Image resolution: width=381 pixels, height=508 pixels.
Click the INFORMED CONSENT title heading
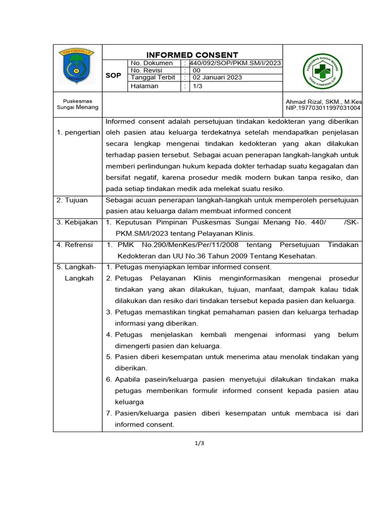[x=192, y=55]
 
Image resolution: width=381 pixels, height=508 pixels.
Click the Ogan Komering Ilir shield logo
[x=77, y=66]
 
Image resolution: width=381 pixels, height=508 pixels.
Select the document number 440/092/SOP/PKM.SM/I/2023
[x=232, y=63]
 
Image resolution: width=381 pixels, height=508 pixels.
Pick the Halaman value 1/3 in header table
[x=197, y=86]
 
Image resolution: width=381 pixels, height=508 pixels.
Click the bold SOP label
[x=113, y=75]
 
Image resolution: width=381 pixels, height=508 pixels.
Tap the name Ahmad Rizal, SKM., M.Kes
[x=324, y=101]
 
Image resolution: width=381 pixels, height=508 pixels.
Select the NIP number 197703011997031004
[x=323, y=108]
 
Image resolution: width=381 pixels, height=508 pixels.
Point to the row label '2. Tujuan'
[x=72, y=200]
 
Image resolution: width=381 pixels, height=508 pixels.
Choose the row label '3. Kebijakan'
[x=77, y=222]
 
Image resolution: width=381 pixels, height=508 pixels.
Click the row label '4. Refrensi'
[x=75, y=245]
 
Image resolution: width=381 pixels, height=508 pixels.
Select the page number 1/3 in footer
[x=199, y=443]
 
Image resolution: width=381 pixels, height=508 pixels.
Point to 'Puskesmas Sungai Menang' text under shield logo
[x=77, y=104]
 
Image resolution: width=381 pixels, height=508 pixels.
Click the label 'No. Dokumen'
[x=151, y=63]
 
